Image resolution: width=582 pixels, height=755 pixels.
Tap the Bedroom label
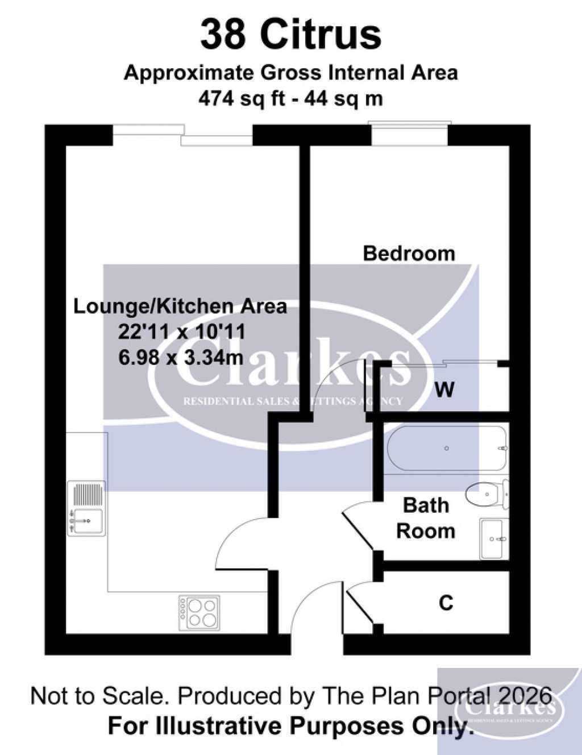tap(409, 253)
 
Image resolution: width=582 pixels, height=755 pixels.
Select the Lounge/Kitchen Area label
tap(180, 306)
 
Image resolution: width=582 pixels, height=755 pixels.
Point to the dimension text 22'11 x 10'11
tap(181, 332)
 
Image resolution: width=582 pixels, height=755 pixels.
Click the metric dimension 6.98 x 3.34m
tap(181, 358)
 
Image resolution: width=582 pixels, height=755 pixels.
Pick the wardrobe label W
tap(444, 390)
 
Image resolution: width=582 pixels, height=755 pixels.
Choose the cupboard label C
tap(446, 602)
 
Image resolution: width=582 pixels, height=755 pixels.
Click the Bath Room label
tap(426, 518)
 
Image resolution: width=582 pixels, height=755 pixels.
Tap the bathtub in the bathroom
tap(446, 449)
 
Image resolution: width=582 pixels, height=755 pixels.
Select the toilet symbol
tap(486, 493)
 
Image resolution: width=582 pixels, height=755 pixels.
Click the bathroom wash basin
tap(493, 538)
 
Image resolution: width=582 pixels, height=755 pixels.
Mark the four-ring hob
tap(199, 612)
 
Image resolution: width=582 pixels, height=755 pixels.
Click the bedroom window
tap(410, 133)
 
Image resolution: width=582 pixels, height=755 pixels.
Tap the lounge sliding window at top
tap(182, 135)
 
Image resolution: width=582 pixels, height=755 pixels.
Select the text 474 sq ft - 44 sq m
tap(290, 98)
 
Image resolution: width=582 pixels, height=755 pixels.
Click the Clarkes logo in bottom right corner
tap(509, 709)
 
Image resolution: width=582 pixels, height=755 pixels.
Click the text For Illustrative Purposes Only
tap(290, 726)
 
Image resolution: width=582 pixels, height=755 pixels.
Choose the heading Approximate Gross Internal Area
tap(290, 73)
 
